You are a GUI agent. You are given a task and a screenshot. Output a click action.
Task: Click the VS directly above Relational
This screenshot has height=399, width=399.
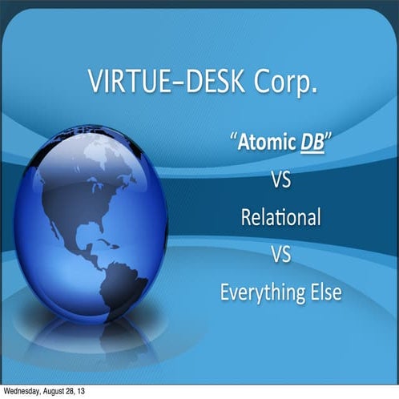pyautogui.click(x=280, y=180)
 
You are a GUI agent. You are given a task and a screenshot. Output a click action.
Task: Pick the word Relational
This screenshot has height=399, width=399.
pyautogui.click(x=280, y=216)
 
